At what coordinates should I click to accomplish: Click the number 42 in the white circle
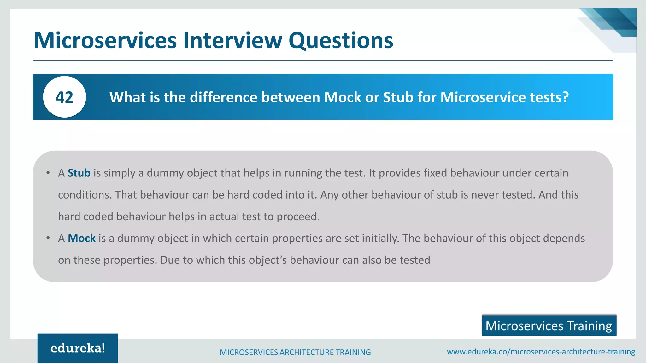[x=64, y=97]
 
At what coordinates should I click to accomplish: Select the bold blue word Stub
[x=79, y=173]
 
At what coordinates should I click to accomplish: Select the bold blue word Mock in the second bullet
[x=81, y=238]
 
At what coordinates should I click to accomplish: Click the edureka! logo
[x=78, y=348]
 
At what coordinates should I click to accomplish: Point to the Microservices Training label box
[x=549, y=326]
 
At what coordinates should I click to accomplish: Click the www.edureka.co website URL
[x=541, y=352]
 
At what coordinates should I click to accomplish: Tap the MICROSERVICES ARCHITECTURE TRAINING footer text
[x=295, y=352]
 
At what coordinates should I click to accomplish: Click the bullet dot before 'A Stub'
[x=48, y=173]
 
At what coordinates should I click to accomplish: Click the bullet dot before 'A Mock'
[x=48, y=238]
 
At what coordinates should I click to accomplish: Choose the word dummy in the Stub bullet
[x=165, y=173]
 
